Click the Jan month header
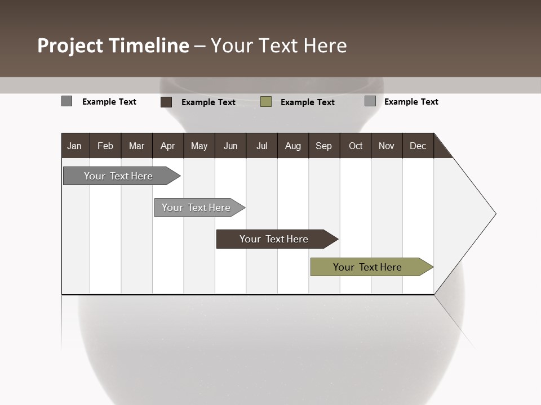[x=74, y=146]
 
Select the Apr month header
[x=167, y=146]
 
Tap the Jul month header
[x=261, y=146]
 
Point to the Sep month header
[x=323, y=146]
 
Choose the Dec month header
[x=418, y=146]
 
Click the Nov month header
[x=386, y=146]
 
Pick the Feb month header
[x=105, y=146]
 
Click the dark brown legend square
[x=166, y=102]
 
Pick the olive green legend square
[x=266, y=102]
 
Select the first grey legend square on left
[x=66, y=101]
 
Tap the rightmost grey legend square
[x=370, y=101]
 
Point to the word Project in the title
[x=70, y=46]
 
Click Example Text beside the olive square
[x=307, y=102]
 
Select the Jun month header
[x=230, y=146]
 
